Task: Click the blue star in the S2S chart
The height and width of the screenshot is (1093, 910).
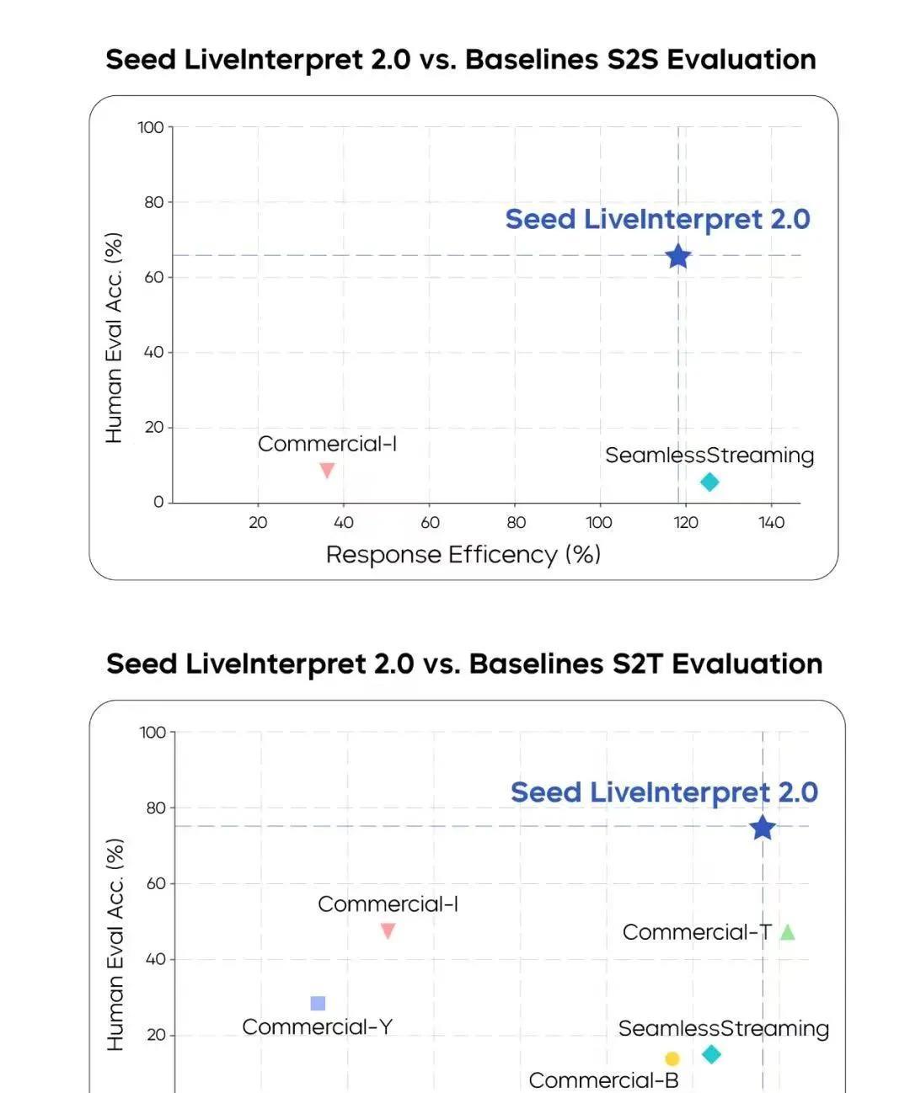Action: click(678, 256)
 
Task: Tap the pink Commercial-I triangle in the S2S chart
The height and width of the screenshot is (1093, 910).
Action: click(327, 470)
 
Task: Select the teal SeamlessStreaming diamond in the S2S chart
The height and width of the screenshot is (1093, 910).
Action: click(709, 482)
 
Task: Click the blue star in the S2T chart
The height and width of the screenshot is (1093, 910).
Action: click(763, 828)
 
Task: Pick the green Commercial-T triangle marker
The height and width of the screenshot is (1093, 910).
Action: click(787, 932)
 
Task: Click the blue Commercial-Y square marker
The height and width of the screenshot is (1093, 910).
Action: click(318, 1003)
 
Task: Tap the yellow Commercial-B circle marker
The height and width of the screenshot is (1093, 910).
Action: click(672, 1058)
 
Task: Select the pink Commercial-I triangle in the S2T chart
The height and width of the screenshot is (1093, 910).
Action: click(388, 930)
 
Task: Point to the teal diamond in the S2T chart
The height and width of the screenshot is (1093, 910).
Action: click(711, 1054)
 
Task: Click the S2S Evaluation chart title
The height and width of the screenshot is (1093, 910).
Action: click(461, 60)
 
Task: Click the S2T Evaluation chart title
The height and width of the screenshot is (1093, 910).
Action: click(464, 664)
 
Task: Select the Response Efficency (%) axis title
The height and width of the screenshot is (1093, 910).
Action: click(463, 554)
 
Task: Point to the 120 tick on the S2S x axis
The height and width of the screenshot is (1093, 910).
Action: click(686, 522)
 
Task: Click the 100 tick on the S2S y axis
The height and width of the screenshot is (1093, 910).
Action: click(151, 127)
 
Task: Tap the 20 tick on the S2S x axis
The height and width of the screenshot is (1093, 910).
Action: click(258, 522)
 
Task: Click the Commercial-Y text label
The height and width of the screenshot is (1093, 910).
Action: click(317, 1026)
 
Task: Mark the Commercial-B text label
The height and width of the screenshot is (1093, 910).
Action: click(603, 1080)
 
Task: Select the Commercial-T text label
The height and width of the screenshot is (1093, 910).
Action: click(697, 932)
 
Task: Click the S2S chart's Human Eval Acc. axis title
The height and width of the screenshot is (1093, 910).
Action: click(114, 338)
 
